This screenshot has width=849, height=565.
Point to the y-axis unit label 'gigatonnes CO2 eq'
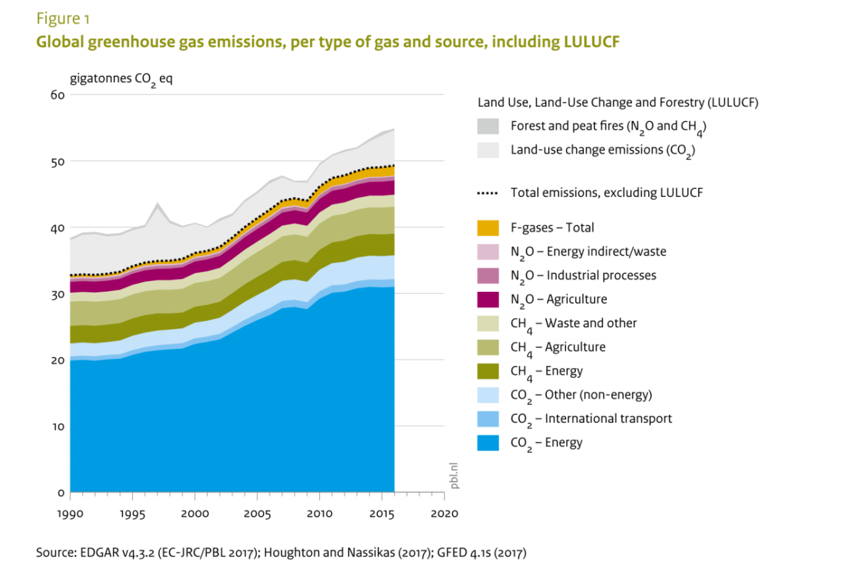pyautogui.click(x=120, y=79)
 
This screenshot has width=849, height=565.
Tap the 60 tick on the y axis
pyautogui.click(x=57, y=95)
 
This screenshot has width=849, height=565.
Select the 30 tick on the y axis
pyautogui.click(x=57, y=294)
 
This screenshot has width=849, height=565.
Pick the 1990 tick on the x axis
pyautogui.click(x=70, y=513)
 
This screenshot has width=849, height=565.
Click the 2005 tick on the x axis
pyautogui.click(x=257, y=513)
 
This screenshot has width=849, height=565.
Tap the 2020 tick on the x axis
pyautogui.click(x=444, y=513)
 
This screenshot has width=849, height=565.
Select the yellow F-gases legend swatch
pyautogui.click(x=489, y=228)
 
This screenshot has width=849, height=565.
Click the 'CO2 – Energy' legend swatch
pyautogui.click(x=489, y=443)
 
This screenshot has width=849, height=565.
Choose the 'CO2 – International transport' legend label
pyautogui.click(x=591, y=418)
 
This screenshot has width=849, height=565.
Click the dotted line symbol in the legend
pyautogui.click(x=489, y=193)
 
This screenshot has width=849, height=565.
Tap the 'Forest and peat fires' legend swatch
pyautogui.click(x=489, y=127)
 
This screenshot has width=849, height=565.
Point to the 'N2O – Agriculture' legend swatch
pyautogui.click(x=489, y=299)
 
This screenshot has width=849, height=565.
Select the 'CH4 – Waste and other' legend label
pyautogui.click(x=574, y=324)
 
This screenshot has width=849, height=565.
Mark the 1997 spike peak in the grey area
pyautogui.click(x=157, y=203)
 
